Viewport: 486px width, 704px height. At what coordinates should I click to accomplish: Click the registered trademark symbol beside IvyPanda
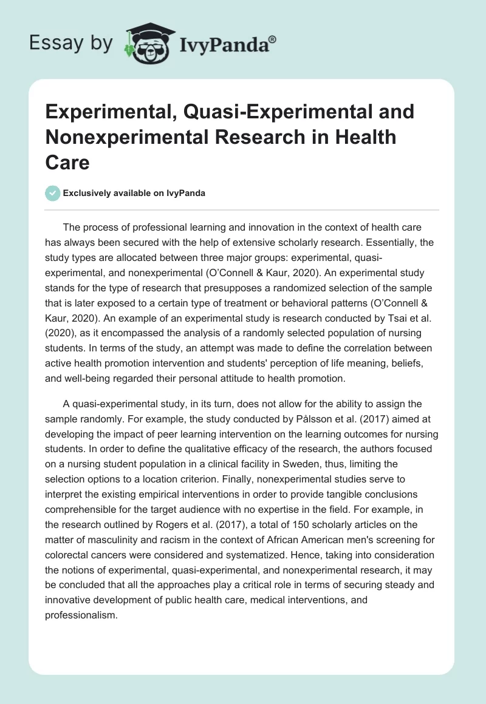[273, 38]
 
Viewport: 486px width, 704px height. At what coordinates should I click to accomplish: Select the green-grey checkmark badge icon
[52, 193]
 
